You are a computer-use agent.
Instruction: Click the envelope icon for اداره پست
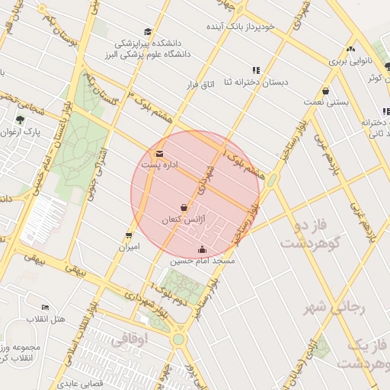[x=159, y=154]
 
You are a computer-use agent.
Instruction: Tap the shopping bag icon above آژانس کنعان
[x=184, y=207]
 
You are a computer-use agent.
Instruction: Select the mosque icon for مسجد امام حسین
[x=202, y=249]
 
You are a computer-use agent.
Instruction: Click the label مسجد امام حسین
[x=203, y=261]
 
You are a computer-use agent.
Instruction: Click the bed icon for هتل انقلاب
[x=46, y=307]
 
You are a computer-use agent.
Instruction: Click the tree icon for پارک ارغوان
[x=20, y=120]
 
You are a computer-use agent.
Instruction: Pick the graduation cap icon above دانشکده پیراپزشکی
[x=147, y=32]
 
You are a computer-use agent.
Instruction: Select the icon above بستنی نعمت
[x=325, y=90]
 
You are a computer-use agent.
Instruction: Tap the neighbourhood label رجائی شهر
[x=335, y=308]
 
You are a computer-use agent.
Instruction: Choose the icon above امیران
[x=129, y=235]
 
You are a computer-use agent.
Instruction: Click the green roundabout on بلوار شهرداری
[x=178, y=339]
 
